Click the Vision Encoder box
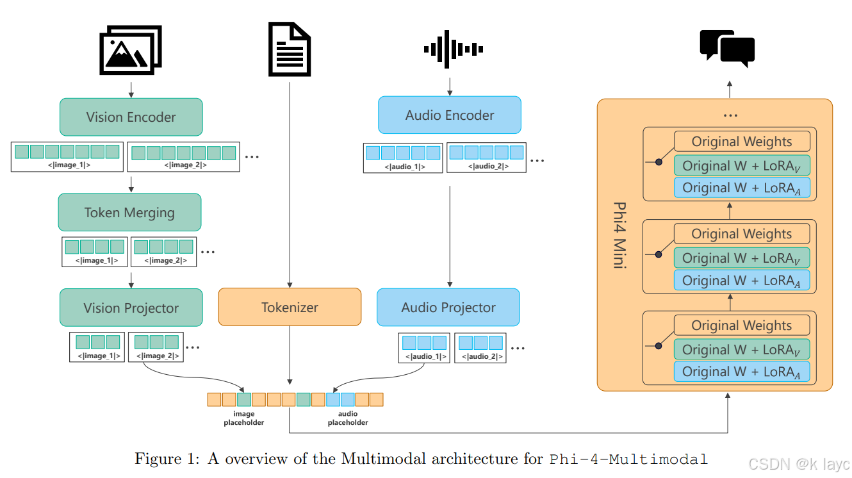131,117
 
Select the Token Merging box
129,212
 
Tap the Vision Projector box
131,308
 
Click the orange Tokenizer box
290,307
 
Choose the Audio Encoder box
450,115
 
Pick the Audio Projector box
448,307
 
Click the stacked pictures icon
131,50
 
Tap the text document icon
290,49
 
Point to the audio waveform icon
454,49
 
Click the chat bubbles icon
727,48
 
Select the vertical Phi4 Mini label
620,235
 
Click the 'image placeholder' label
244,418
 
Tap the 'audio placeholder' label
348,418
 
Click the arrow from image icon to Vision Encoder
131,90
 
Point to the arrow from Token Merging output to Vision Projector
131,280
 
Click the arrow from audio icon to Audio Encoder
450,87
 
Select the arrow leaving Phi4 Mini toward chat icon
730,90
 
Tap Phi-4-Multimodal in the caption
628,459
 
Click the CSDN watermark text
799,465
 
